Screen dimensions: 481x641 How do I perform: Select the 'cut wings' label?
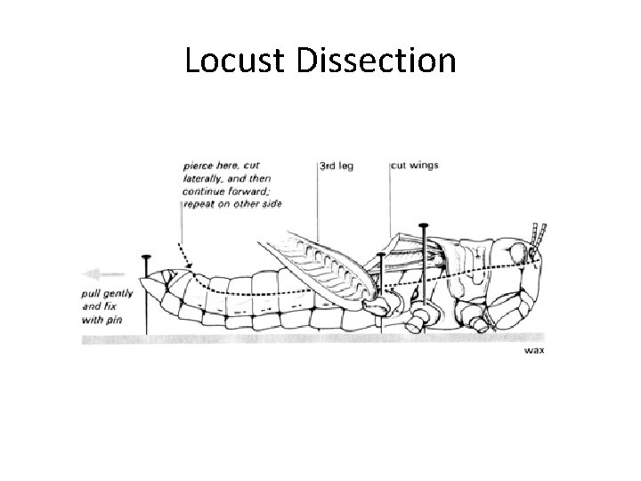[414, 166]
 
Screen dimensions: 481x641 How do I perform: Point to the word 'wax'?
[534, 350]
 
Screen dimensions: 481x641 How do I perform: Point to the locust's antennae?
[537, 233]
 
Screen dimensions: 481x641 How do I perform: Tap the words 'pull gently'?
[102, 292]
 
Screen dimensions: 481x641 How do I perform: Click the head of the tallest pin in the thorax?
[425, 225]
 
